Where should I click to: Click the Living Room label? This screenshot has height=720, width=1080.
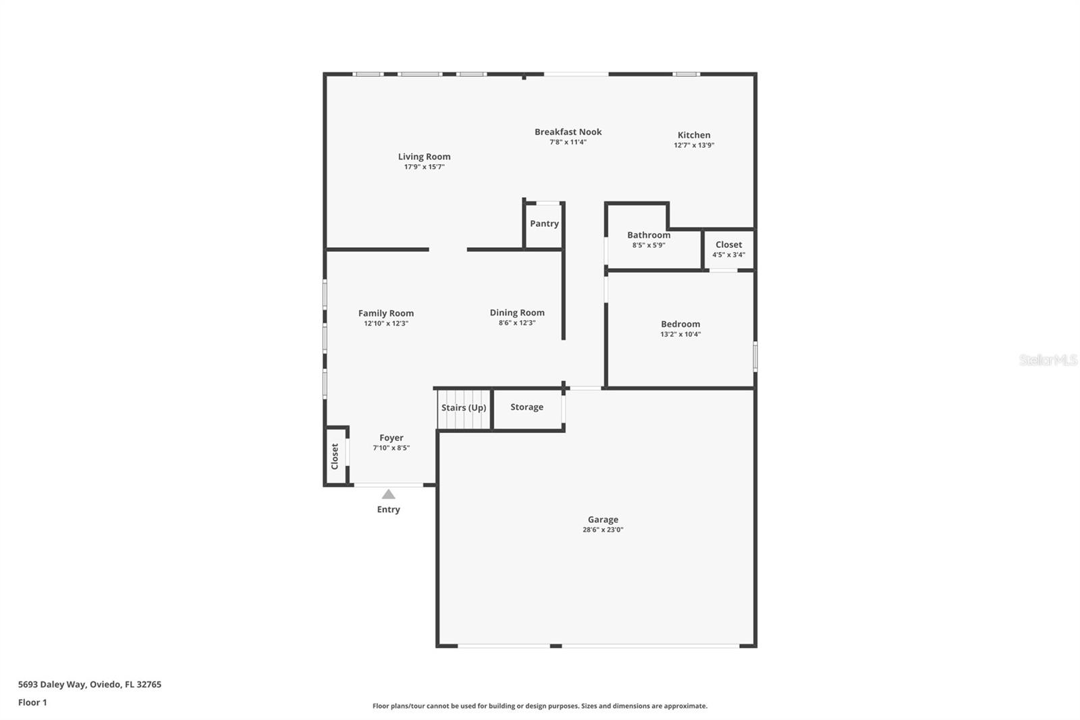[x=424, y=157]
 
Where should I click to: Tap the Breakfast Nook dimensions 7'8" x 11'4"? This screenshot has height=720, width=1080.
[x=568, y=143]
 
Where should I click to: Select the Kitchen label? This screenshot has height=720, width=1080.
[x=694, y=135]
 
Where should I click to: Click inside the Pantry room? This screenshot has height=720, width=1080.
[x=544, y=224]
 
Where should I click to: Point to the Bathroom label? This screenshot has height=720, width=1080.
[x=649, y=235]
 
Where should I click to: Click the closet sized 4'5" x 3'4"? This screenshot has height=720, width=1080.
[x=728, y=249]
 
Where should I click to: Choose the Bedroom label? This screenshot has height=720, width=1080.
[x=680, y=324]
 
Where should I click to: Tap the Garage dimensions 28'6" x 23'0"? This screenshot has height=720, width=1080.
[x=603, y=530]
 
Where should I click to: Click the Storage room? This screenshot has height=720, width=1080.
[x=526, y=407]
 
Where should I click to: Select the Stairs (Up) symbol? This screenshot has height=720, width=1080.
[x=464, y=408]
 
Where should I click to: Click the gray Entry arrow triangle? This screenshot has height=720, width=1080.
[x=388, y=494]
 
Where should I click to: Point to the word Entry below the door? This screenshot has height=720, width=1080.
[x=388, y=510]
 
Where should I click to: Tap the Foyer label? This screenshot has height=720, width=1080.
[x=391, y=438]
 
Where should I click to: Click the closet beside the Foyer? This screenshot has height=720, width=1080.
[x=335, y=456]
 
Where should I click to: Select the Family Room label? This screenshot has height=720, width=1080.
[x=385, y=313]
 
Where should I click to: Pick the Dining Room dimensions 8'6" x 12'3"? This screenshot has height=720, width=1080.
[x=517, y=324]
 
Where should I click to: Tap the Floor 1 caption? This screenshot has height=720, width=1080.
[x=32, y=702]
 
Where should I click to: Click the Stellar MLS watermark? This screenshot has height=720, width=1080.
[x=1048, y=360]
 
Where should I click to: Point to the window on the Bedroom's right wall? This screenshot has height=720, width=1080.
[x=755, y=356]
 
